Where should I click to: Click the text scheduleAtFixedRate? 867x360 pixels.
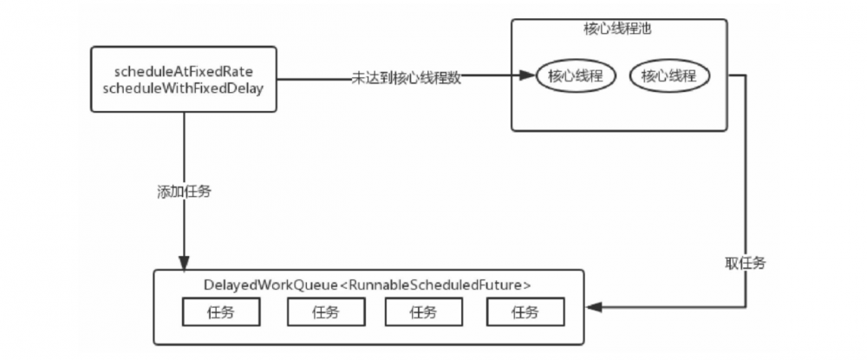[x=183, y=69]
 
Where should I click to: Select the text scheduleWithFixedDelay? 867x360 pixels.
[x=183, y=87]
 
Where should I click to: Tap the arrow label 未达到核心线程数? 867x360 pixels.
[x=407, y=77]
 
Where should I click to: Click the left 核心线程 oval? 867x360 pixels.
[x=576, y=76]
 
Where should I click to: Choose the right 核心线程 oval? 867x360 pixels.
[x=668, y=76]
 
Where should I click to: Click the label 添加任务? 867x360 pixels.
[x=183, y=192]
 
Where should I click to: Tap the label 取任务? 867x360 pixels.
[x=744, y=262]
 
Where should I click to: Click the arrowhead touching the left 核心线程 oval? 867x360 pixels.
[x=530, y=76]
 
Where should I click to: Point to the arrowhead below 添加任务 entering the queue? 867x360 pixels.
[x=183, y=264]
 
